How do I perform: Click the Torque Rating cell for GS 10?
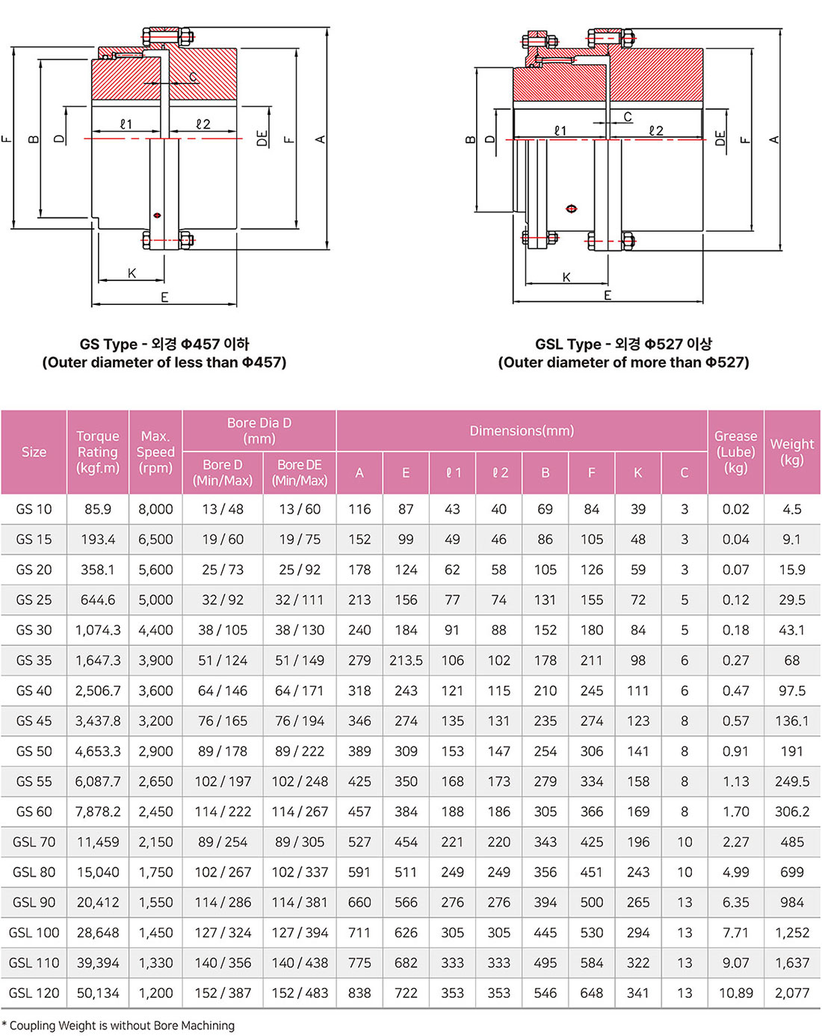pyautogui.click(x=98, y=509)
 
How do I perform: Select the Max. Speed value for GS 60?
pyautogui.click(x=155, y=812)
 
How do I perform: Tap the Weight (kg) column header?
pyautogui.click(x=792, y=451)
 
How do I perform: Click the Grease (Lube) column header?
pyautogui.click(x=735, y=451)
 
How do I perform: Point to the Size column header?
pyautogui.click(x=34, y=451)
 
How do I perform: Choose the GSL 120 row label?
pyautogui.click(x=34, y=993)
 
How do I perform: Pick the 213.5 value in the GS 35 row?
pyautogui.click(x=406, y=661)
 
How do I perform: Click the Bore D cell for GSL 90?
pyautogui.click(x=223, y=902)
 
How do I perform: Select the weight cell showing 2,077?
pyautogui.click(x=792, y=993)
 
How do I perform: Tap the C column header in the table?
pyautogui.click(x=685, y=472)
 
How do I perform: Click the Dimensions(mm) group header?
pyautogui.click(x=522, y=431)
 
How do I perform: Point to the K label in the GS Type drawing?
pyautogui.click(x=132, y=274)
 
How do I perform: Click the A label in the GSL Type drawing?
pyautogui.click(x=774, y=140)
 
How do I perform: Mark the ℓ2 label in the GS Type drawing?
pyautogui.click(x=203, y=124)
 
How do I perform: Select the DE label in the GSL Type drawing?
pyautogui.click(x=720, y=138)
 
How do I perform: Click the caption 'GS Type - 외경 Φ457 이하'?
pyautogui.click(x=164, y=344)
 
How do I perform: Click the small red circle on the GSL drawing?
pyautogui.click(x=572, y=209)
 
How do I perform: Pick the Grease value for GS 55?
pyautogui.click(x=735, y=782)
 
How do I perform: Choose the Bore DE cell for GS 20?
pyautogui.click(x=299, y=570)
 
